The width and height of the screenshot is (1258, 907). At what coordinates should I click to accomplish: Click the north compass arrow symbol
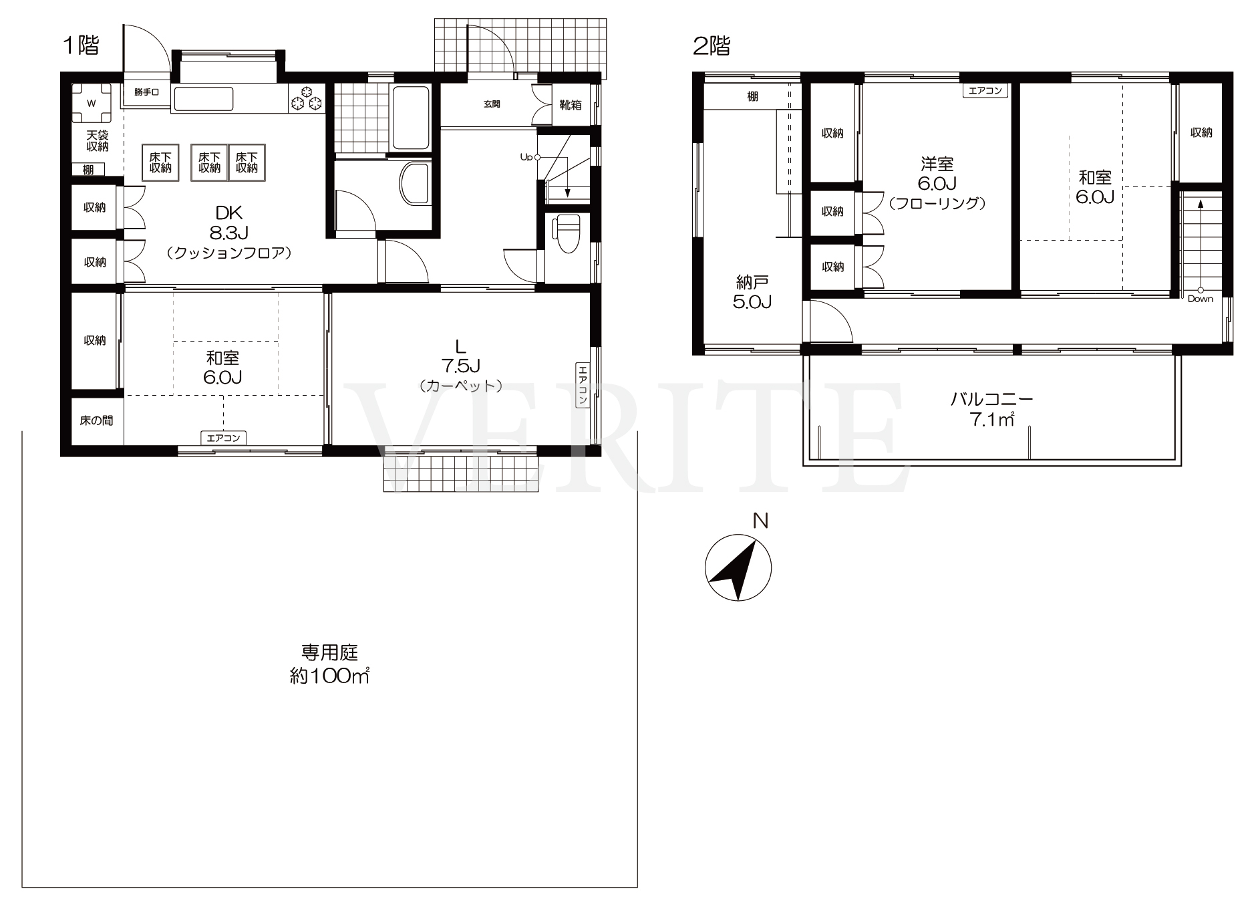738,567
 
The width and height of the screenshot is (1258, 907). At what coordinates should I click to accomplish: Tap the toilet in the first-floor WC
567,234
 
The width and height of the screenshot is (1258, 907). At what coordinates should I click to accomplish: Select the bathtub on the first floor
411,118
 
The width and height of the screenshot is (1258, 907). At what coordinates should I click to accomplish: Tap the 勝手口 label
146,92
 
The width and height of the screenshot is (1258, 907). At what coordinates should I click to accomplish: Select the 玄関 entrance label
492,104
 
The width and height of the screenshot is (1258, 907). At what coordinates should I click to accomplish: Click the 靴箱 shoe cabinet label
571,105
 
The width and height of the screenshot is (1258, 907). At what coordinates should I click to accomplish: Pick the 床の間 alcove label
96,420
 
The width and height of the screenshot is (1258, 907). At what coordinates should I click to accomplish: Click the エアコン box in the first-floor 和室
224,438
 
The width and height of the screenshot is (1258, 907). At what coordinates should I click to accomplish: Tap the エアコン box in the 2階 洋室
986,90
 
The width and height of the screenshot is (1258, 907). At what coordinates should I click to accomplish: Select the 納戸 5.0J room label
752,292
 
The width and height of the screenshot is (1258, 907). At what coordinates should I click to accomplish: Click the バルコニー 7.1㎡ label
992,410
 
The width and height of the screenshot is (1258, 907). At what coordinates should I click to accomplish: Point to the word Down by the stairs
1201,299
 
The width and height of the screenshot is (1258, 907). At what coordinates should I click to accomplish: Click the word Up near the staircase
526,158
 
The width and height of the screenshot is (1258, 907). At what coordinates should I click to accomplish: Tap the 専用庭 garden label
330,652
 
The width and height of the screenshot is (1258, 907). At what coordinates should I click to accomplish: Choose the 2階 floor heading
712,45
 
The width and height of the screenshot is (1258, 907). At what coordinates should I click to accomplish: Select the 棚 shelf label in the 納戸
752,97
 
